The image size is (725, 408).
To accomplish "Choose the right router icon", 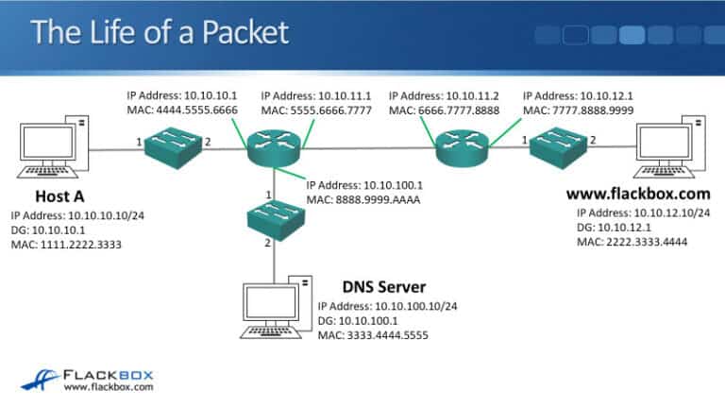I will (462, 146).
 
